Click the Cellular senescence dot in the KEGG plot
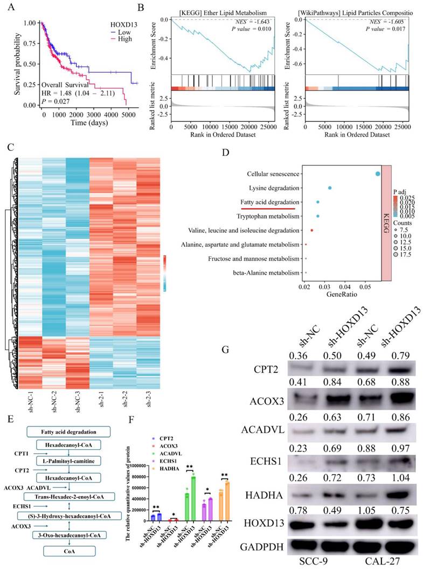pos(377,173)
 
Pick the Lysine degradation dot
pos(330,188)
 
